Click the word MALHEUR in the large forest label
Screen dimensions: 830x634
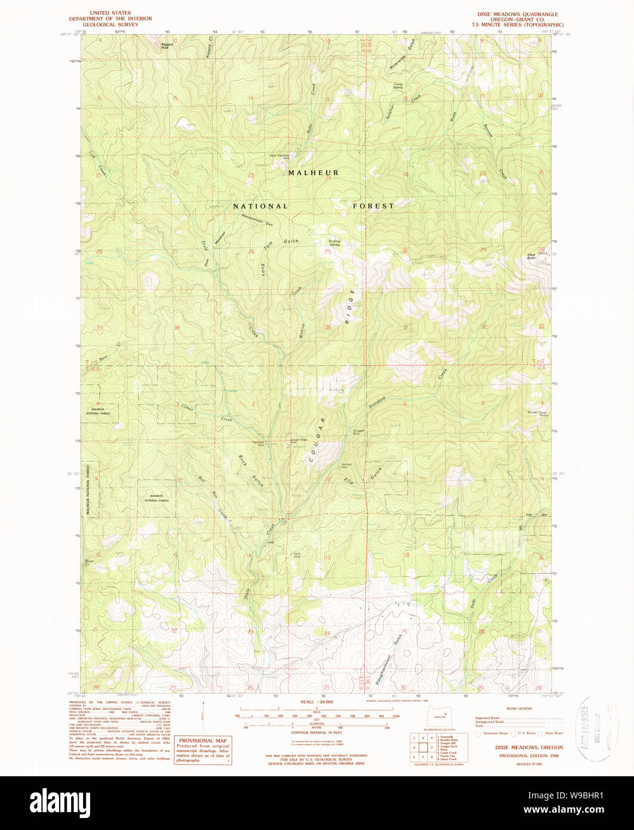pyautogui.click(x=313, y=173)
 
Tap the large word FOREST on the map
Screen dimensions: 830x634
pyautogui.click(x=373, y=205)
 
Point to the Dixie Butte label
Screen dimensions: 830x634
pyautogui.click(x=531, y=256)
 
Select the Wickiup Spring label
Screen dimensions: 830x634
pyautogui.click(x=334, y=243)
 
